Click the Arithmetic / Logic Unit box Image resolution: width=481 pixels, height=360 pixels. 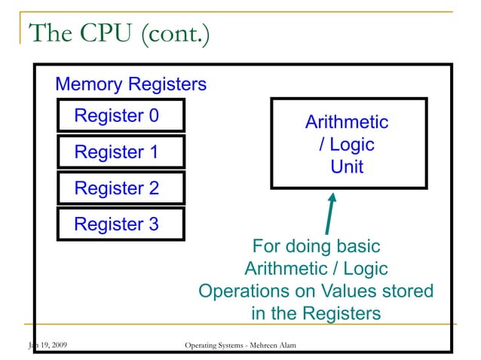(348, 143)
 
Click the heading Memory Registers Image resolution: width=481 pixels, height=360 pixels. (130, 84)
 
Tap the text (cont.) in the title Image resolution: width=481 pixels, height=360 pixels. (171, 35)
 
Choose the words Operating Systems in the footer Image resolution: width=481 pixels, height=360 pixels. (214, 346)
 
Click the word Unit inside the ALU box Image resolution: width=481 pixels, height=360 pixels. (347, 166)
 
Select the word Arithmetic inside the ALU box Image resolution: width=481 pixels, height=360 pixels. (346, 122)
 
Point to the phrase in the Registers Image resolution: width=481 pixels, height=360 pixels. (315, 313)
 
